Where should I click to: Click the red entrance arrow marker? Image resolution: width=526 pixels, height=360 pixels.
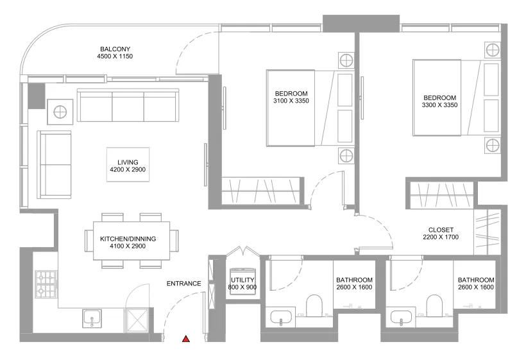coord(186,338)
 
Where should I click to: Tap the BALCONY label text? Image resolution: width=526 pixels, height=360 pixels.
coord(115,49)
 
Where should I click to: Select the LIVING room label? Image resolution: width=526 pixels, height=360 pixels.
coord(119,162)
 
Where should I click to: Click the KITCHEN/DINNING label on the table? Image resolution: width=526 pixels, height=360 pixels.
coord(128,239)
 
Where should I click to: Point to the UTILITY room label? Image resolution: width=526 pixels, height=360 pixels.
coord(243,280)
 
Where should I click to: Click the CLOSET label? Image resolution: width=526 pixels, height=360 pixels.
coord(441,230)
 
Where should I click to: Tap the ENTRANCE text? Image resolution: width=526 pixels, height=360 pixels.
coord(183,284)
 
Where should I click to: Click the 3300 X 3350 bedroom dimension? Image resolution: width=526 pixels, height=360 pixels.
coord(439,105)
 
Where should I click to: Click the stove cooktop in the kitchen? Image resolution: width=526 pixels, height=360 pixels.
coord(46,284)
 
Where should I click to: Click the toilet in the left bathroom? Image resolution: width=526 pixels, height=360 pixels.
coord(314,306)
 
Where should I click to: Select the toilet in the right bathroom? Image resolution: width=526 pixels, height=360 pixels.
coord(435,306)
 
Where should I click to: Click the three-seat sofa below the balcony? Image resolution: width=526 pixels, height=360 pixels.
coord(127,105)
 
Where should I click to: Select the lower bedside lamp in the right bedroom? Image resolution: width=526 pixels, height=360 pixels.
coord(492,144)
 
